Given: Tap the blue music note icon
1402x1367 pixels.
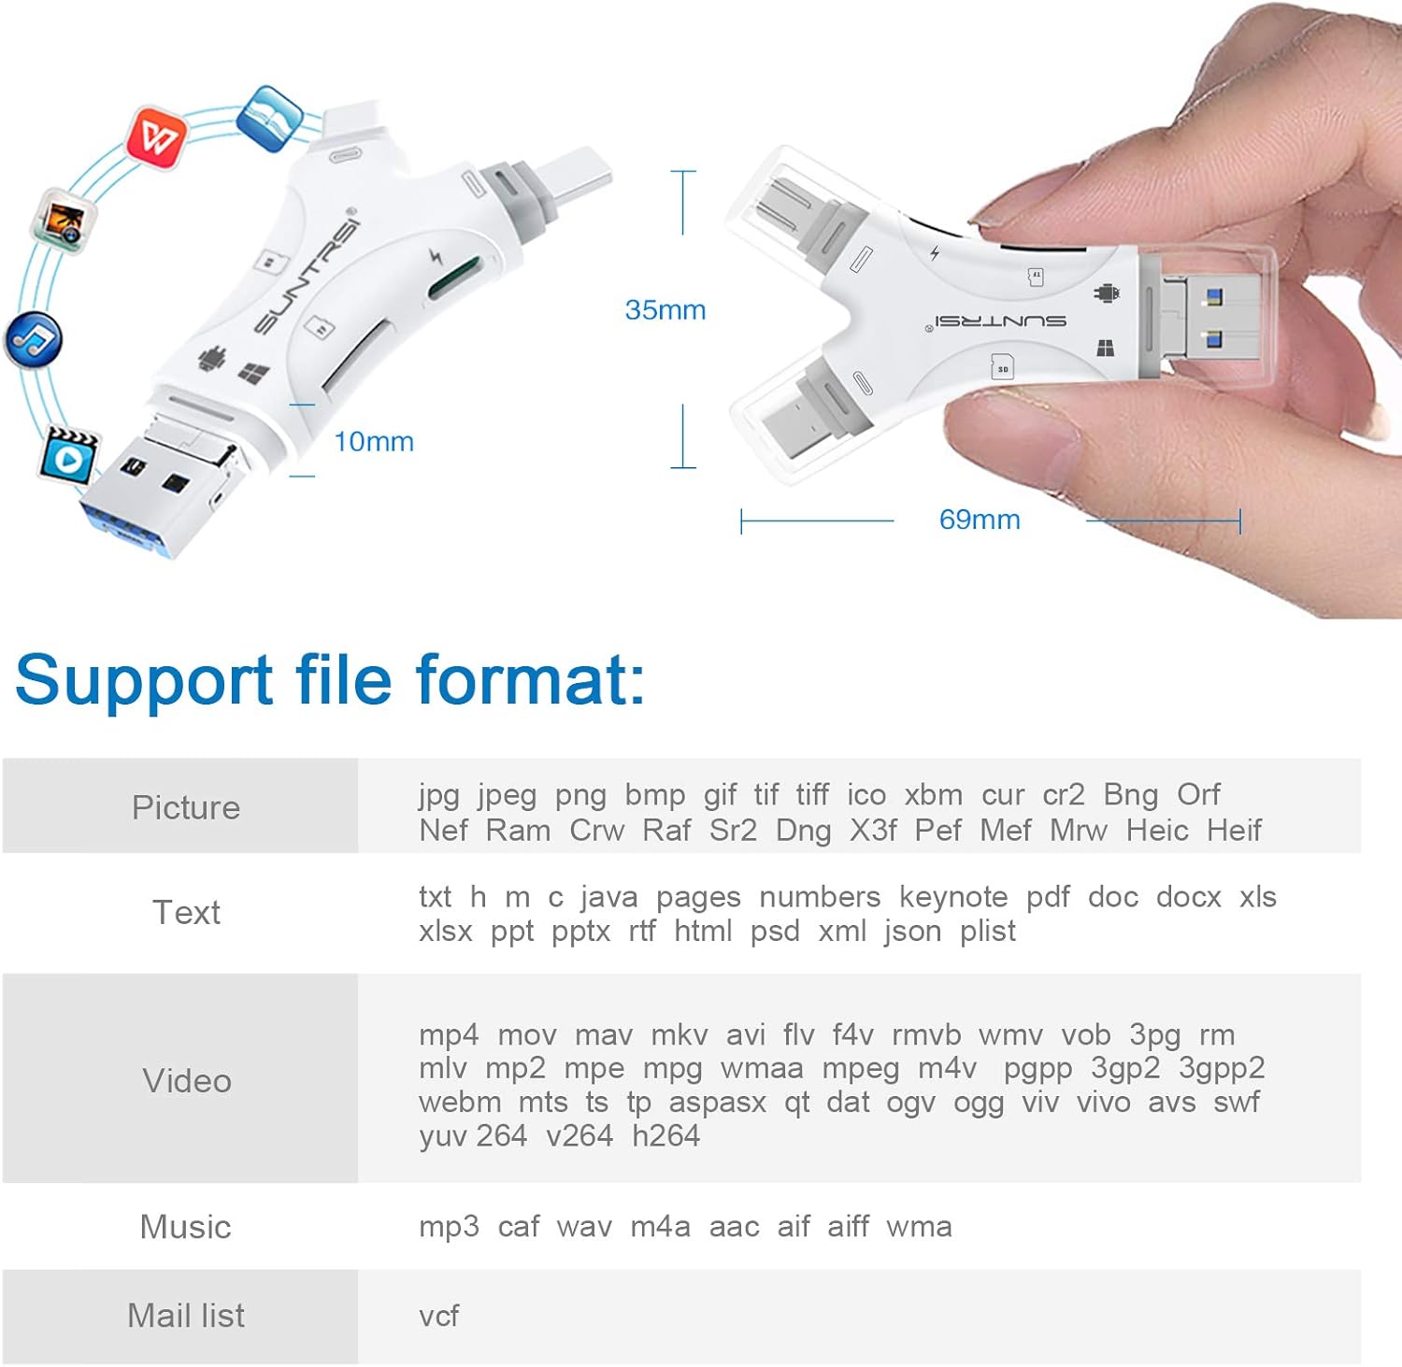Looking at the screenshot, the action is pyautogui.click(x=35, y=340).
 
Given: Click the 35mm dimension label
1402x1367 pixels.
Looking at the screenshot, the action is pyautogui.click(x=665, y=310).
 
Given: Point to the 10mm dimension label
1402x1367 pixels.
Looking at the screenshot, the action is pyautogui.click(x=374, y=442).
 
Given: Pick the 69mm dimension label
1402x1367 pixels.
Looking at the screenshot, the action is pyautogui.click(x=980, y=520).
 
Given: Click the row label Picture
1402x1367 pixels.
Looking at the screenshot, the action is pyautogui.click(x=186, y=807).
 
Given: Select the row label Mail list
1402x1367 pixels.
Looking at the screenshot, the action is pyautogui.click(x=186, y=1316).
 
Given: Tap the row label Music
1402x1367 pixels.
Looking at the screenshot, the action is pyautogui.click(x=185, y=1227).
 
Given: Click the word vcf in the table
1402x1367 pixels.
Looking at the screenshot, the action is pyautogui.click(x=439, y=1317).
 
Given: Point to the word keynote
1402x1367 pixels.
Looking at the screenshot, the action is pyautogui.click(x=953, y=897).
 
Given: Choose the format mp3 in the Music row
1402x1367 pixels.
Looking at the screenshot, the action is pyautogui.click(x=449, y=1227).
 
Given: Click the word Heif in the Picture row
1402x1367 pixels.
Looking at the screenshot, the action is pyautogui.click(x=1234, y=830).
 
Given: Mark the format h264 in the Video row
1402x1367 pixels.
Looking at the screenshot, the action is pyautogui.click(x=665, y=1136).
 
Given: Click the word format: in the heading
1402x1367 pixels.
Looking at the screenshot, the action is pyautogui.click(x=531, y=679).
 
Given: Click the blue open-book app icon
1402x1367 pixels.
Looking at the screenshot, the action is pyautogui.click(x=269, y=118).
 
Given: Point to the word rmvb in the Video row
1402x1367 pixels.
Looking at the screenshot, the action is pyautogui.click(x=926, y=1035).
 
